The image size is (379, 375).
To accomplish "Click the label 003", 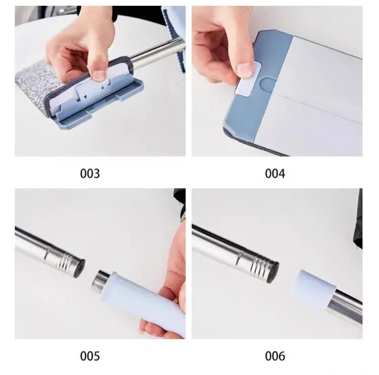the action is click(90, 174).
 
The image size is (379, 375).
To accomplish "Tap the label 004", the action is click(275, 174).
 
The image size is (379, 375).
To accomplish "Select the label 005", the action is click(90, 356).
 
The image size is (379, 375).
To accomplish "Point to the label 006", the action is click(275, 356).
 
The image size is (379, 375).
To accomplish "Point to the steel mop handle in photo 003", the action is click(155, 52).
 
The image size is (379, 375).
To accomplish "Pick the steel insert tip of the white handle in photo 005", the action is click(101, 281).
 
